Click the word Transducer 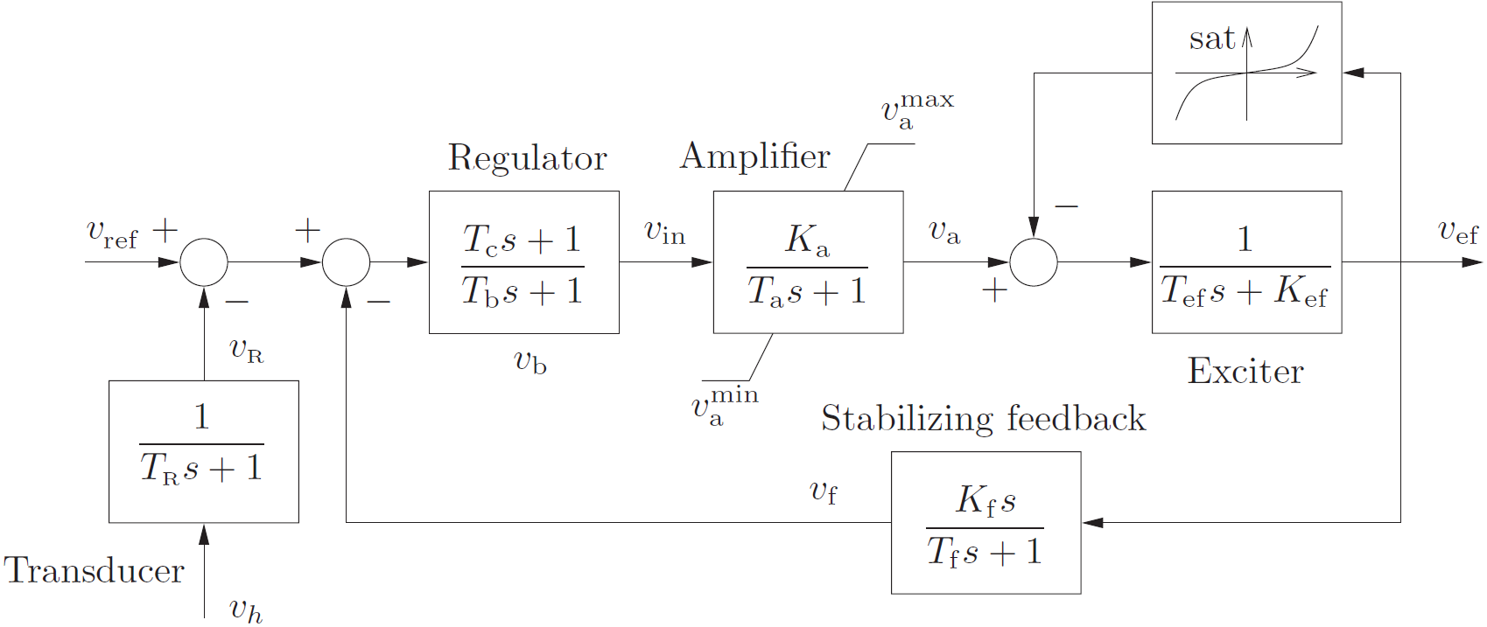94,571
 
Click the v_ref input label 111,234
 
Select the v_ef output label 1458,233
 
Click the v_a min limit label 725,407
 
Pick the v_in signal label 664,233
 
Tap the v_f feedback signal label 824,491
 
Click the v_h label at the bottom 246,610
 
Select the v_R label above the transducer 246,350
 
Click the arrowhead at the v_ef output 1473,262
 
